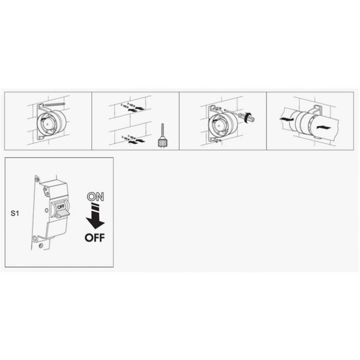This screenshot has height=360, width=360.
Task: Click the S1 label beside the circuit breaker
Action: pyautogui.click(x=15, y=213)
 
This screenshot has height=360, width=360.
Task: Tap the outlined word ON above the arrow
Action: pyautogui.click(x=95, y=197)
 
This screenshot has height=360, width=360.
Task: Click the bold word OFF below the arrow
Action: pyautogui.click(x=95, y=238)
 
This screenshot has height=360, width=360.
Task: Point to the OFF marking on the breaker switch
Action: pyautogui.click(x=61, y=207)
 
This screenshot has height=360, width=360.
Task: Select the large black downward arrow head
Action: pyautogui.click(x=95, y=223)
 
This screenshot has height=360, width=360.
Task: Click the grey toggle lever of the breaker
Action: pyautogui.click(x=62, y=214)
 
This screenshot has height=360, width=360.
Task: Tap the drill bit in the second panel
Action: pyautogui.click(x=163, y=131)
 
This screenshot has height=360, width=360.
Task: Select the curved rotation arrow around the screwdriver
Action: pyautogui.click(x=247, y=118)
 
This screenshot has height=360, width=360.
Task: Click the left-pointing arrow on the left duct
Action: pyautogui.click(x=286, y=119)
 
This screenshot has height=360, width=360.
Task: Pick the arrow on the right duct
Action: pyautogui.click(x=323, y=128)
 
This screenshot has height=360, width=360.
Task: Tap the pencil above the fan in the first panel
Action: pyautogui.click(x=55, y=104)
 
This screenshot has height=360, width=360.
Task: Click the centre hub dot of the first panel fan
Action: pyautogui.click(x=47, y=124)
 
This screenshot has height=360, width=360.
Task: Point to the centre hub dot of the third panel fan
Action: pyautogui.click(x=219, y=125)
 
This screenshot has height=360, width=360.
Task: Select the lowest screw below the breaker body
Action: pyautogui.click(x=41, y=246)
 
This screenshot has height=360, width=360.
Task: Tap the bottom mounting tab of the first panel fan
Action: pyautogui.click(x=41, y=137)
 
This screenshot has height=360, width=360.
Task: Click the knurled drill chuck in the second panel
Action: pyautogui.click(x=161, y=141)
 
